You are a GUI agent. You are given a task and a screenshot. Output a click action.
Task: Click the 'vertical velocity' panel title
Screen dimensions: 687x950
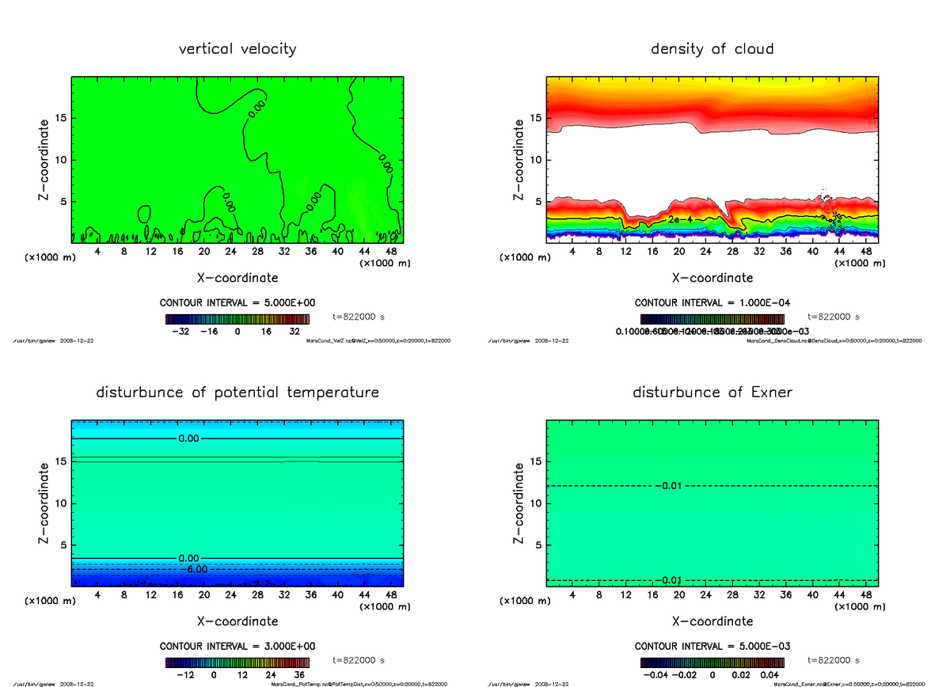pyautogui.click(x=237, y=49)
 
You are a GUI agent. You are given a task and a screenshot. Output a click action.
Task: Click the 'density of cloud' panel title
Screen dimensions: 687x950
pyautogui.click(x=712, y=49)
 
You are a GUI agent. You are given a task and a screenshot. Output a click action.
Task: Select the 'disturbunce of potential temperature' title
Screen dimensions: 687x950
pyautogui.click(x=237, y=393)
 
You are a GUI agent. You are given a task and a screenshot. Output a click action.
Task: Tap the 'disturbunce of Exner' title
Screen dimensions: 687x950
pyautogui.click(x=712, y=393)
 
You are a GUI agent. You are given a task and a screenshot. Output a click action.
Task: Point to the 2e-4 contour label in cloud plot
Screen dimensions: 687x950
pyautogui.click(x=680, y=218)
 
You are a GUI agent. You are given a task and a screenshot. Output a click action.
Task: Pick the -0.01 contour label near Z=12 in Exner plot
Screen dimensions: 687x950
pyautogui.click(x=669, y=485)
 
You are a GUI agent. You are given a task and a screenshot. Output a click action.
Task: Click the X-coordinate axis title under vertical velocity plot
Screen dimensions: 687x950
pyautogui.click(x=237, y=278)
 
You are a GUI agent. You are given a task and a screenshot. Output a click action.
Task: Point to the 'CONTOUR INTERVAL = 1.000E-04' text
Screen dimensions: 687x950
pyautogui.click(x=712, y=303)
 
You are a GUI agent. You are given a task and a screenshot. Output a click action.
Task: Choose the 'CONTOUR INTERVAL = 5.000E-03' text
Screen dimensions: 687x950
pyautogui.click(x=712, y=646)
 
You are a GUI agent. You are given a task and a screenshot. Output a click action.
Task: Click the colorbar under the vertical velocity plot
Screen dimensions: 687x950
pyautogui.click(x=237, y=319)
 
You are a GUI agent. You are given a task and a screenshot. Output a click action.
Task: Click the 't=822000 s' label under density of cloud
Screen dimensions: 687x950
pyautogui.click(x=834, y=317)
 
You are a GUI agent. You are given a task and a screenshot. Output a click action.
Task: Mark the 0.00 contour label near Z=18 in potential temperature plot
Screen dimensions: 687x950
pyautogui.click(x=189, y=438)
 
